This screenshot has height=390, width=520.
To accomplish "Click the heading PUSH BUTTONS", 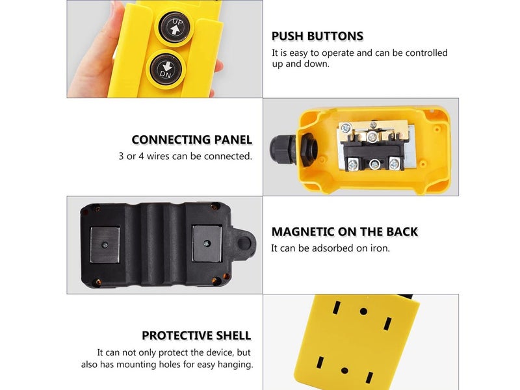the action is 317,36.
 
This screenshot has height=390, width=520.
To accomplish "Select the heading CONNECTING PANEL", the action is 192,140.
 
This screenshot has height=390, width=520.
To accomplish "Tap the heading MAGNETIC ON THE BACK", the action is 344,232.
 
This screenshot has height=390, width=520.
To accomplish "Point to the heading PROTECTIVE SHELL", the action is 196,335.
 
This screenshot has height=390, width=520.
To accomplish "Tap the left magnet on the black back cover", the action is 105,245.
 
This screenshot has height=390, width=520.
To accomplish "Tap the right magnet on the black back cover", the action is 207,243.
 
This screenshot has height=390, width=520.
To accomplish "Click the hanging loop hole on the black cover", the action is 244,243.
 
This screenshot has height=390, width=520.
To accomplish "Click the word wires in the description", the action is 158,156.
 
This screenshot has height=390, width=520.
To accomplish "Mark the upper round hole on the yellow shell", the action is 363,311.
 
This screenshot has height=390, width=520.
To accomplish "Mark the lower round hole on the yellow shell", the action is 344,370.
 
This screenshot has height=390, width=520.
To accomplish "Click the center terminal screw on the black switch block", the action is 374,164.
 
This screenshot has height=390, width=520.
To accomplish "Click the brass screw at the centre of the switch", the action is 373,135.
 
